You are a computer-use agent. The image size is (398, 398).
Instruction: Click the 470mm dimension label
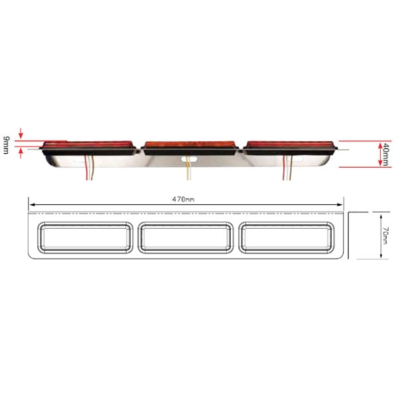click(183, 200)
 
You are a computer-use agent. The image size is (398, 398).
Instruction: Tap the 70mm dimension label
click(385, 235)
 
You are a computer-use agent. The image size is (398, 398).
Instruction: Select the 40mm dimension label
click(386, 155)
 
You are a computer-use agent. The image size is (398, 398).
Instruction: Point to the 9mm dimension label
click(6, 145)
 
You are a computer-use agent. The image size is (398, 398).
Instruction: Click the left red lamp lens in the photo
click(88, 144)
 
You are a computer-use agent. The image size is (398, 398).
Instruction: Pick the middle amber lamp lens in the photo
click(190, 145)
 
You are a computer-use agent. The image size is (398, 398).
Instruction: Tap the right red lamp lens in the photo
click(290, 144)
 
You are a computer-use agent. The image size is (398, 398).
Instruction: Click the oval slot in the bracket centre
click(189, 159)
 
